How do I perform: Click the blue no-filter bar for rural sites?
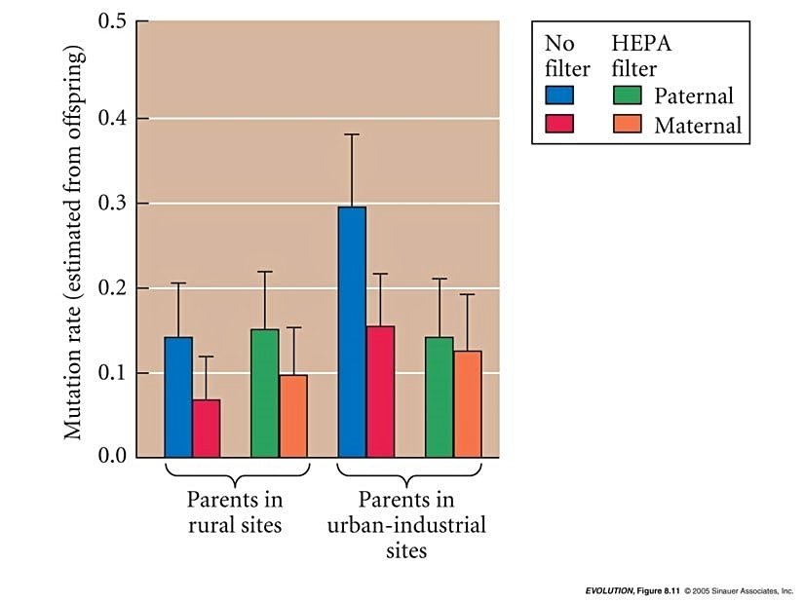[178, 396]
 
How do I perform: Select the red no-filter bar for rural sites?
[206, 428]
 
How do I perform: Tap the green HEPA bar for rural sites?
[265, 393]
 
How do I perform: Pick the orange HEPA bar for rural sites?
[293, 416]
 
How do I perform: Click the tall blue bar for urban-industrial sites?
[352, 331]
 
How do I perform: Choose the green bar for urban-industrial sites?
[440, 396]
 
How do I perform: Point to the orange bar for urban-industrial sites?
[468, 403]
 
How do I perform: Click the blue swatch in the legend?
[559, 95]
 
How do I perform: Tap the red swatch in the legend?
[559, 124]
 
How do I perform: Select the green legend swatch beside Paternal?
[627, 95]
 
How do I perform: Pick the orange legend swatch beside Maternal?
[627, 124]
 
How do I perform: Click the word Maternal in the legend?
[698, 125]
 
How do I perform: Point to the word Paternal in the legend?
[694, 95]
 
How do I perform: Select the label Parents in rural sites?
[235, 513]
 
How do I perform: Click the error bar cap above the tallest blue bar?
[352, 134]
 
